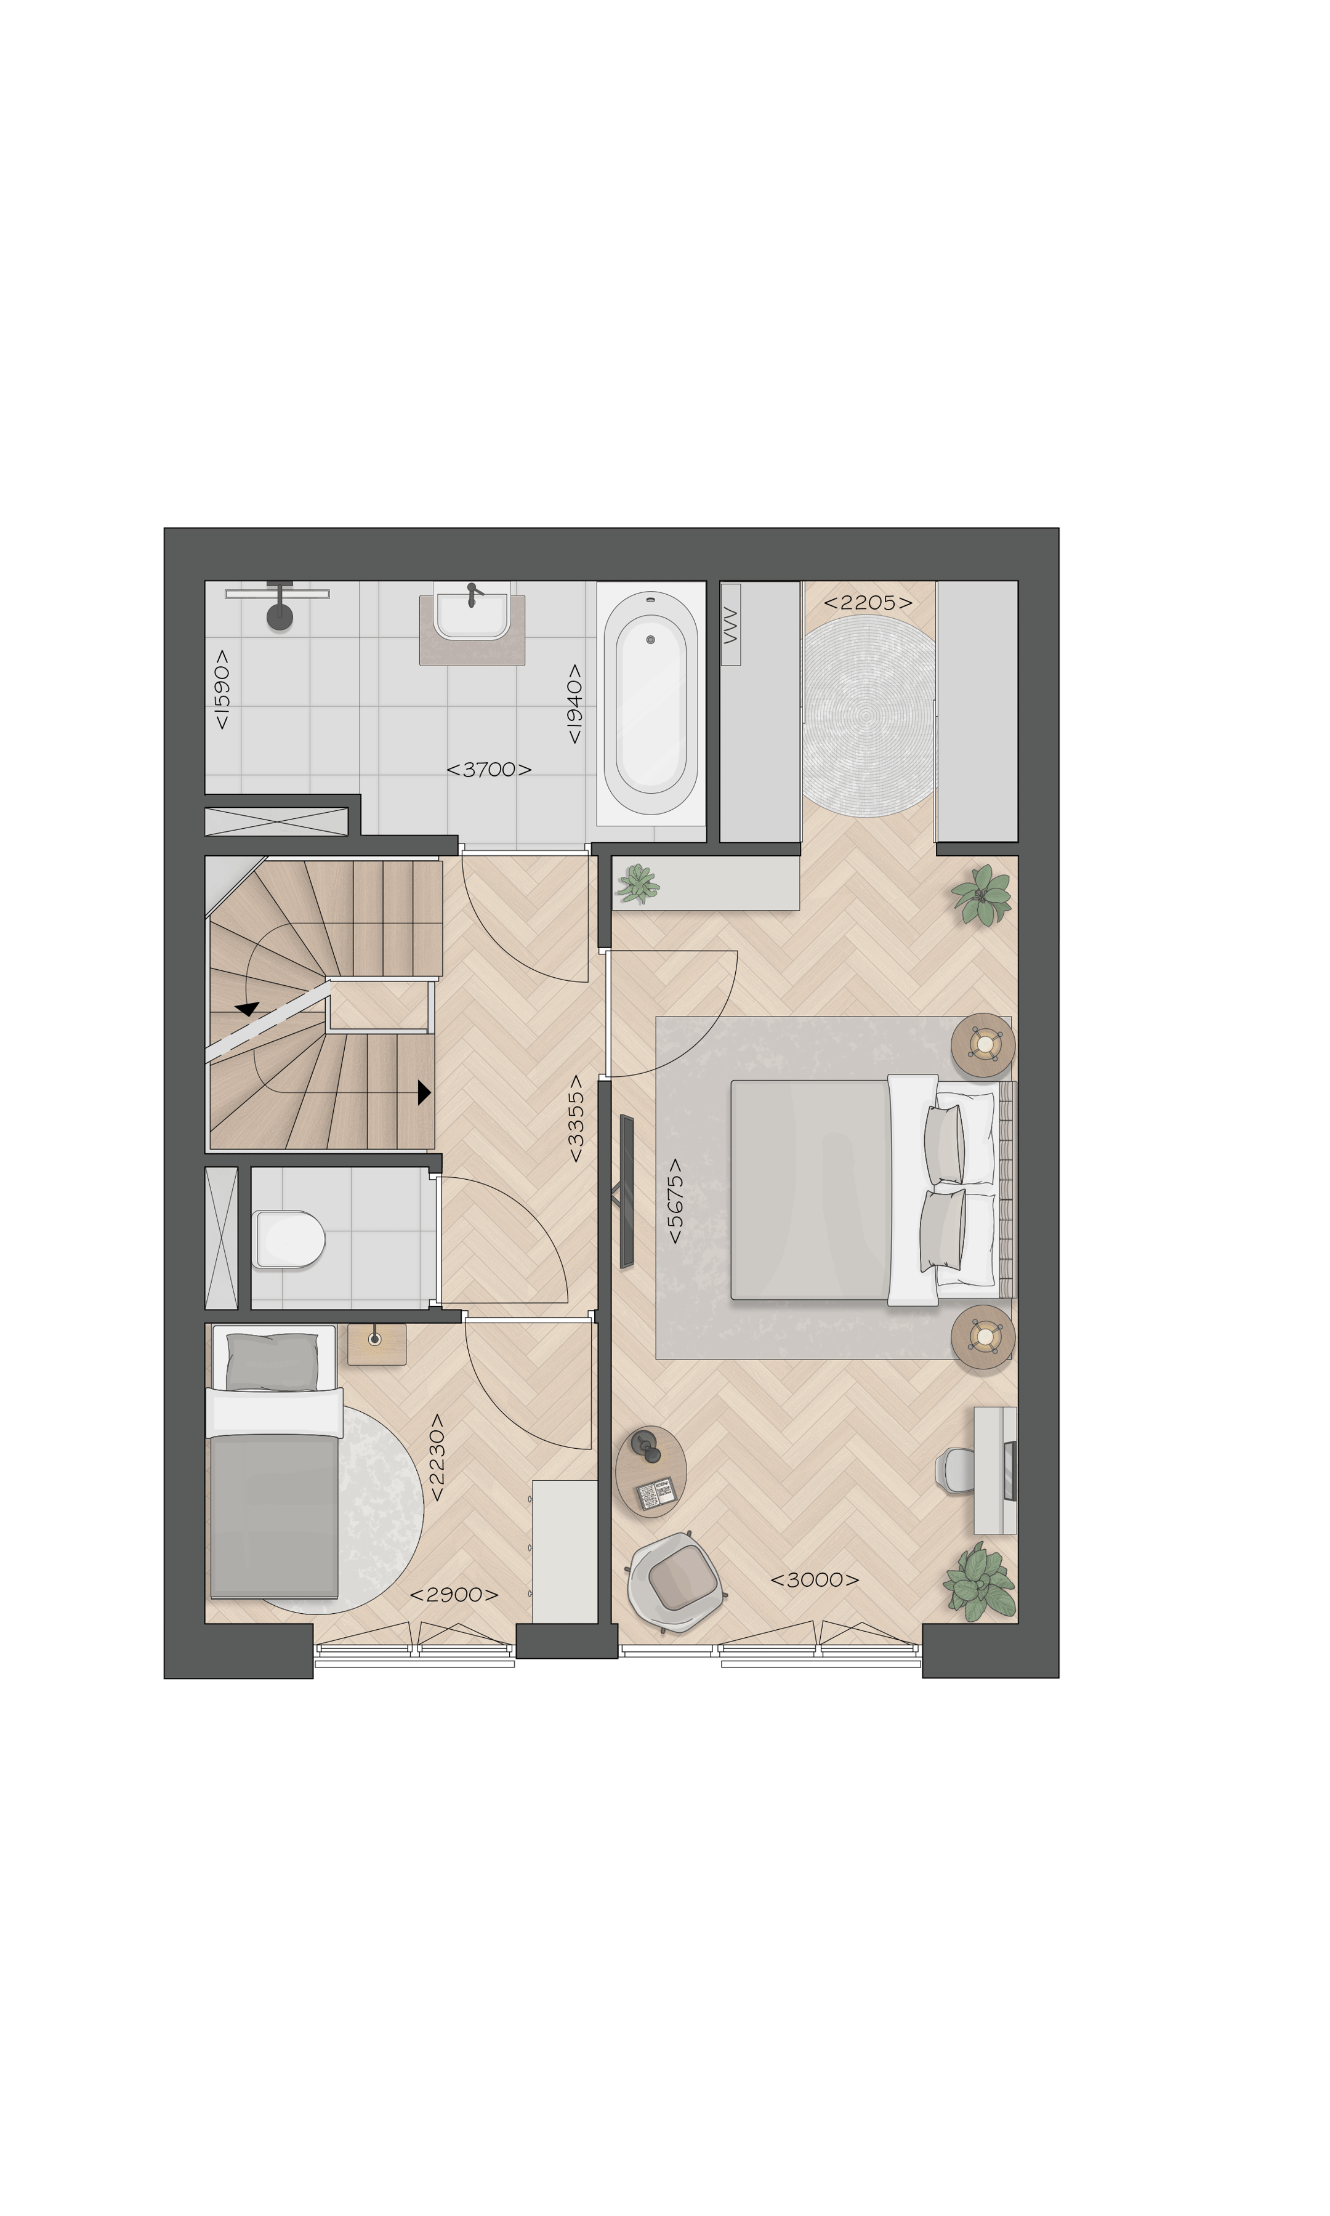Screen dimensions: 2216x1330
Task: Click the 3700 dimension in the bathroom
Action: click(x=488, y=769)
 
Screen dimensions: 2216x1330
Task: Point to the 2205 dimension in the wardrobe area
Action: click(x=868, y=603)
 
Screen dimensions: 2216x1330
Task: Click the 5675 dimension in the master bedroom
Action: click(x=675, y=1201)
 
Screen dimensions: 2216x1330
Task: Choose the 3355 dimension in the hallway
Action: click(x=576, y=1119)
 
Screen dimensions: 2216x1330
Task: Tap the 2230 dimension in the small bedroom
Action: click(x=437, y=1458)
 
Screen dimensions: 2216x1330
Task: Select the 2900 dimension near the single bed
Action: click(x=453, y=1595)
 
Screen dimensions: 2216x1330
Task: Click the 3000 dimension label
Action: click(x=814, y=1580)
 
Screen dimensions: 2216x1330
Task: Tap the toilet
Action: click(x=289, y=1238)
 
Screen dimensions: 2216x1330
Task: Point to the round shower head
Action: click(x=280, y=616)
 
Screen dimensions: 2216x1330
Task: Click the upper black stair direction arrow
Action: click(x=248, y=1008)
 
